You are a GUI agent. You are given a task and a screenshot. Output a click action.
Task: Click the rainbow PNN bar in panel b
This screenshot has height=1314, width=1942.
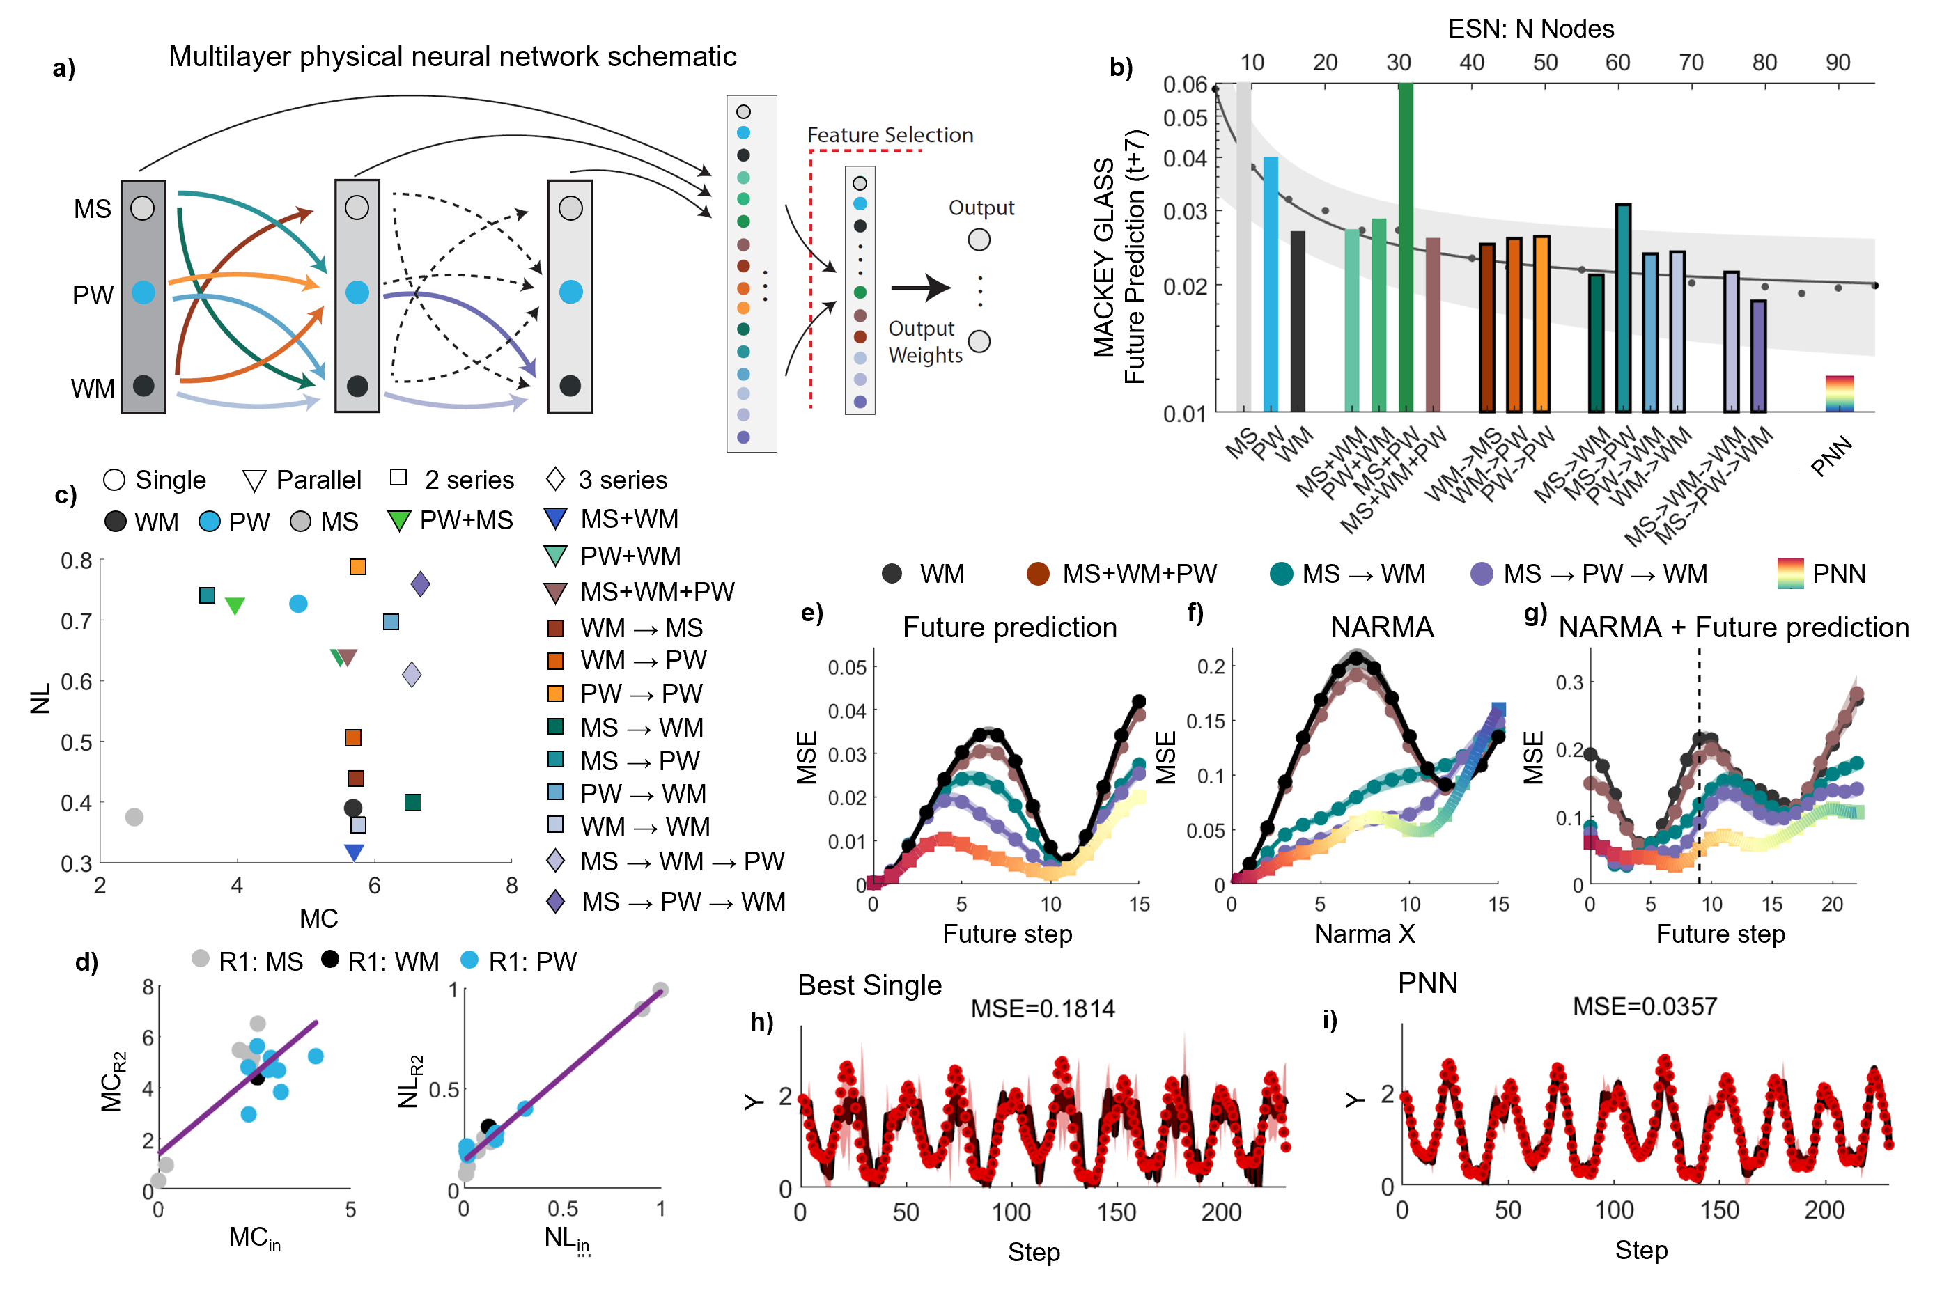[1838, 393]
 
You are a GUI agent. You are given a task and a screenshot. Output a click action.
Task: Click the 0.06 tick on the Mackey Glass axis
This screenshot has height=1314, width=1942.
[1184, 84]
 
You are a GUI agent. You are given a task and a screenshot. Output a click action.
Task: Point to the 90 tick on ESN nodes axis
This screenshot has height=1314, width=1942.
[1838, 63]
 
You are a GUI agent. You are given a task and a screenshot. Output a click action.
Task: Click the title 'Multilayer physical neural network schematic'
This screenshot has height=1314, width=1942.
[452, 57]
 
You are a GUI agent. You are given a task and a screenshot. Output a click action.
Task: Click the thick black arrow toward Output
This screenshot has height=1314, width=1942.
[920, 288]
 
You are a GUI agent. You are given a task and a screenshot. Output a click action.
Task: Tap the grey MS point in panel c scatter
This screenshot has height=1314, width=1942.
[134, 816]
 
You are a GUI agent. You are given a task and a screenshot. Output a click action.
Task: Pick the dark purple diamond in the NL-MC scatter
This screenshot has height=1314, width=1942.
[420, 584]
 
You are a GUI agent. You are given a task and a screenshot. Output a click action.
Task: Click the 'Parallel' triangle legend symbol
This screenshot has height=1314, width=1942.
[254, 480]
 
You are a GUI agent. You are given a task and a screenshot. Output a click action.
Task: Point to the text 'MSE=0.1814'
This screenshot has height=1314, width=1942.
[1042, 1009]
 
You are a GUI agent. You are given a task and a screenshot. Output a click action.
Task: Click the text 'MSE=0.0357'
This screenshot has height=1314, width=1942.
[1644, 1007]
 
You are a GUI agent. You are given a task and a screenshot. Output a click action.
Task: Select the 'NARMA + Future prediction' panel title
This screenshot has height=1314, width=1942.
[1733, 627]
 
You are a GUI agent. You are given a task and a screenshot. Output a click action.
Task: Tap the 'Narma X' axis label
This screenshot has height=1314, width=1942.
[1365, 934]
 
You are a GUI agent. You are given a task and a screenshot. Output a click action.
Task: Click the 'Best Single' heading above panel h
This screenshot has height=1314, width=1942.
[869, 986]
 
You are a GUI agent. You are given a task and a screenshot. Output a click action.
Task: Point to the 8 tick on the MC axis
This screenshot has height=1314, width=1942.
[511, 886]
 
